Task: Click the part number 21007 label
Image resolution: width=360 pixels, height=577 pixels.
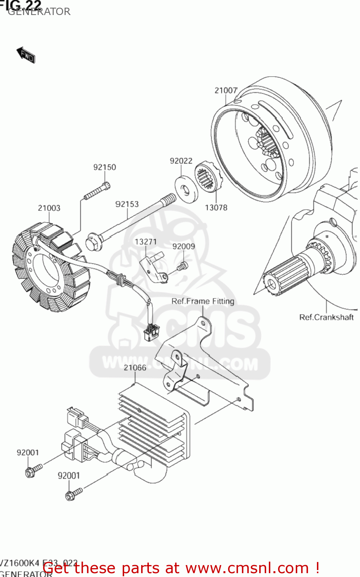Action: click(226, 90)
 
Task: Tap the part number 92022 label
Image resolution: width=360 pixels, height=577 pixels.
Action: click(181, 161)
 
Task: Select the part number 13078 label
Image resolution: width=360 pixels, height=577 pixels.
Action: click(216, 208)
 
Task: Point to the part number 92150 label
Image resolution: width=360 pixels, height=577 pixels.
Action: click(104, 167)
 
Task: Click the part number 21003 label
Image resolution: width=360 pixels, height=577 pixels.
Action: click(49, 208)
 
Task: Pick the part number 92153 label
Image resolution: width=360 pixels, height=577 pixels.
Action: click(127, 204)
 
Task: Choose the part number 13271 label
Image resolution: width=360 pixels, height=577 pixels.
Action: click(145, 242)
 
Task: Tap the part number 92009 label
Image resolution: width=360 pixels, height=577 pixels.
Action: click(183, 247)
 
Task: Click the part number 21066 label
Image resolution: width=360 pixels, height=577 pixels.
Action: click(135, 368)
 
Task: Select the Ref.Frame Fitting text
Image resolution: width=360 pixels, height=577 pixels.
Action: click(203, 301)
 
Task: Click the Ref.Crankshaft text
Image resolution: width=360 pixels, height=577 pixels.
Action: click(326, 317)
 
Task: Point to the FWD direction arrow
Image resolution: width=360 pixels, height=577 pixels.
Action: click(26, 55)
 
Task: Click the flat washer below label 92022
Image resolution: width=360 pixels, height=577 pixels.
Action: click(186, 188)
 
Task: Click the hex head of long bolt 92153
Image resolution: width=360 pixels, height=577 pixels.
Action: click(92, 242)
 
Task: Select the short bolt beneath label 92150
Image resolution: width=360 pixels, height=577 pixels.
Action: click(97, 191)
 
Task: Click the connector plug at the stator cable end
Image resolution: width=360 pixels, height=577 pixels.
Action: click(151, 332)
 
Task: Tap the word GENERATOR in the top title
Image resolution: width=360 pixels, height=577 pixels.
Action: click(39, 12)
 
